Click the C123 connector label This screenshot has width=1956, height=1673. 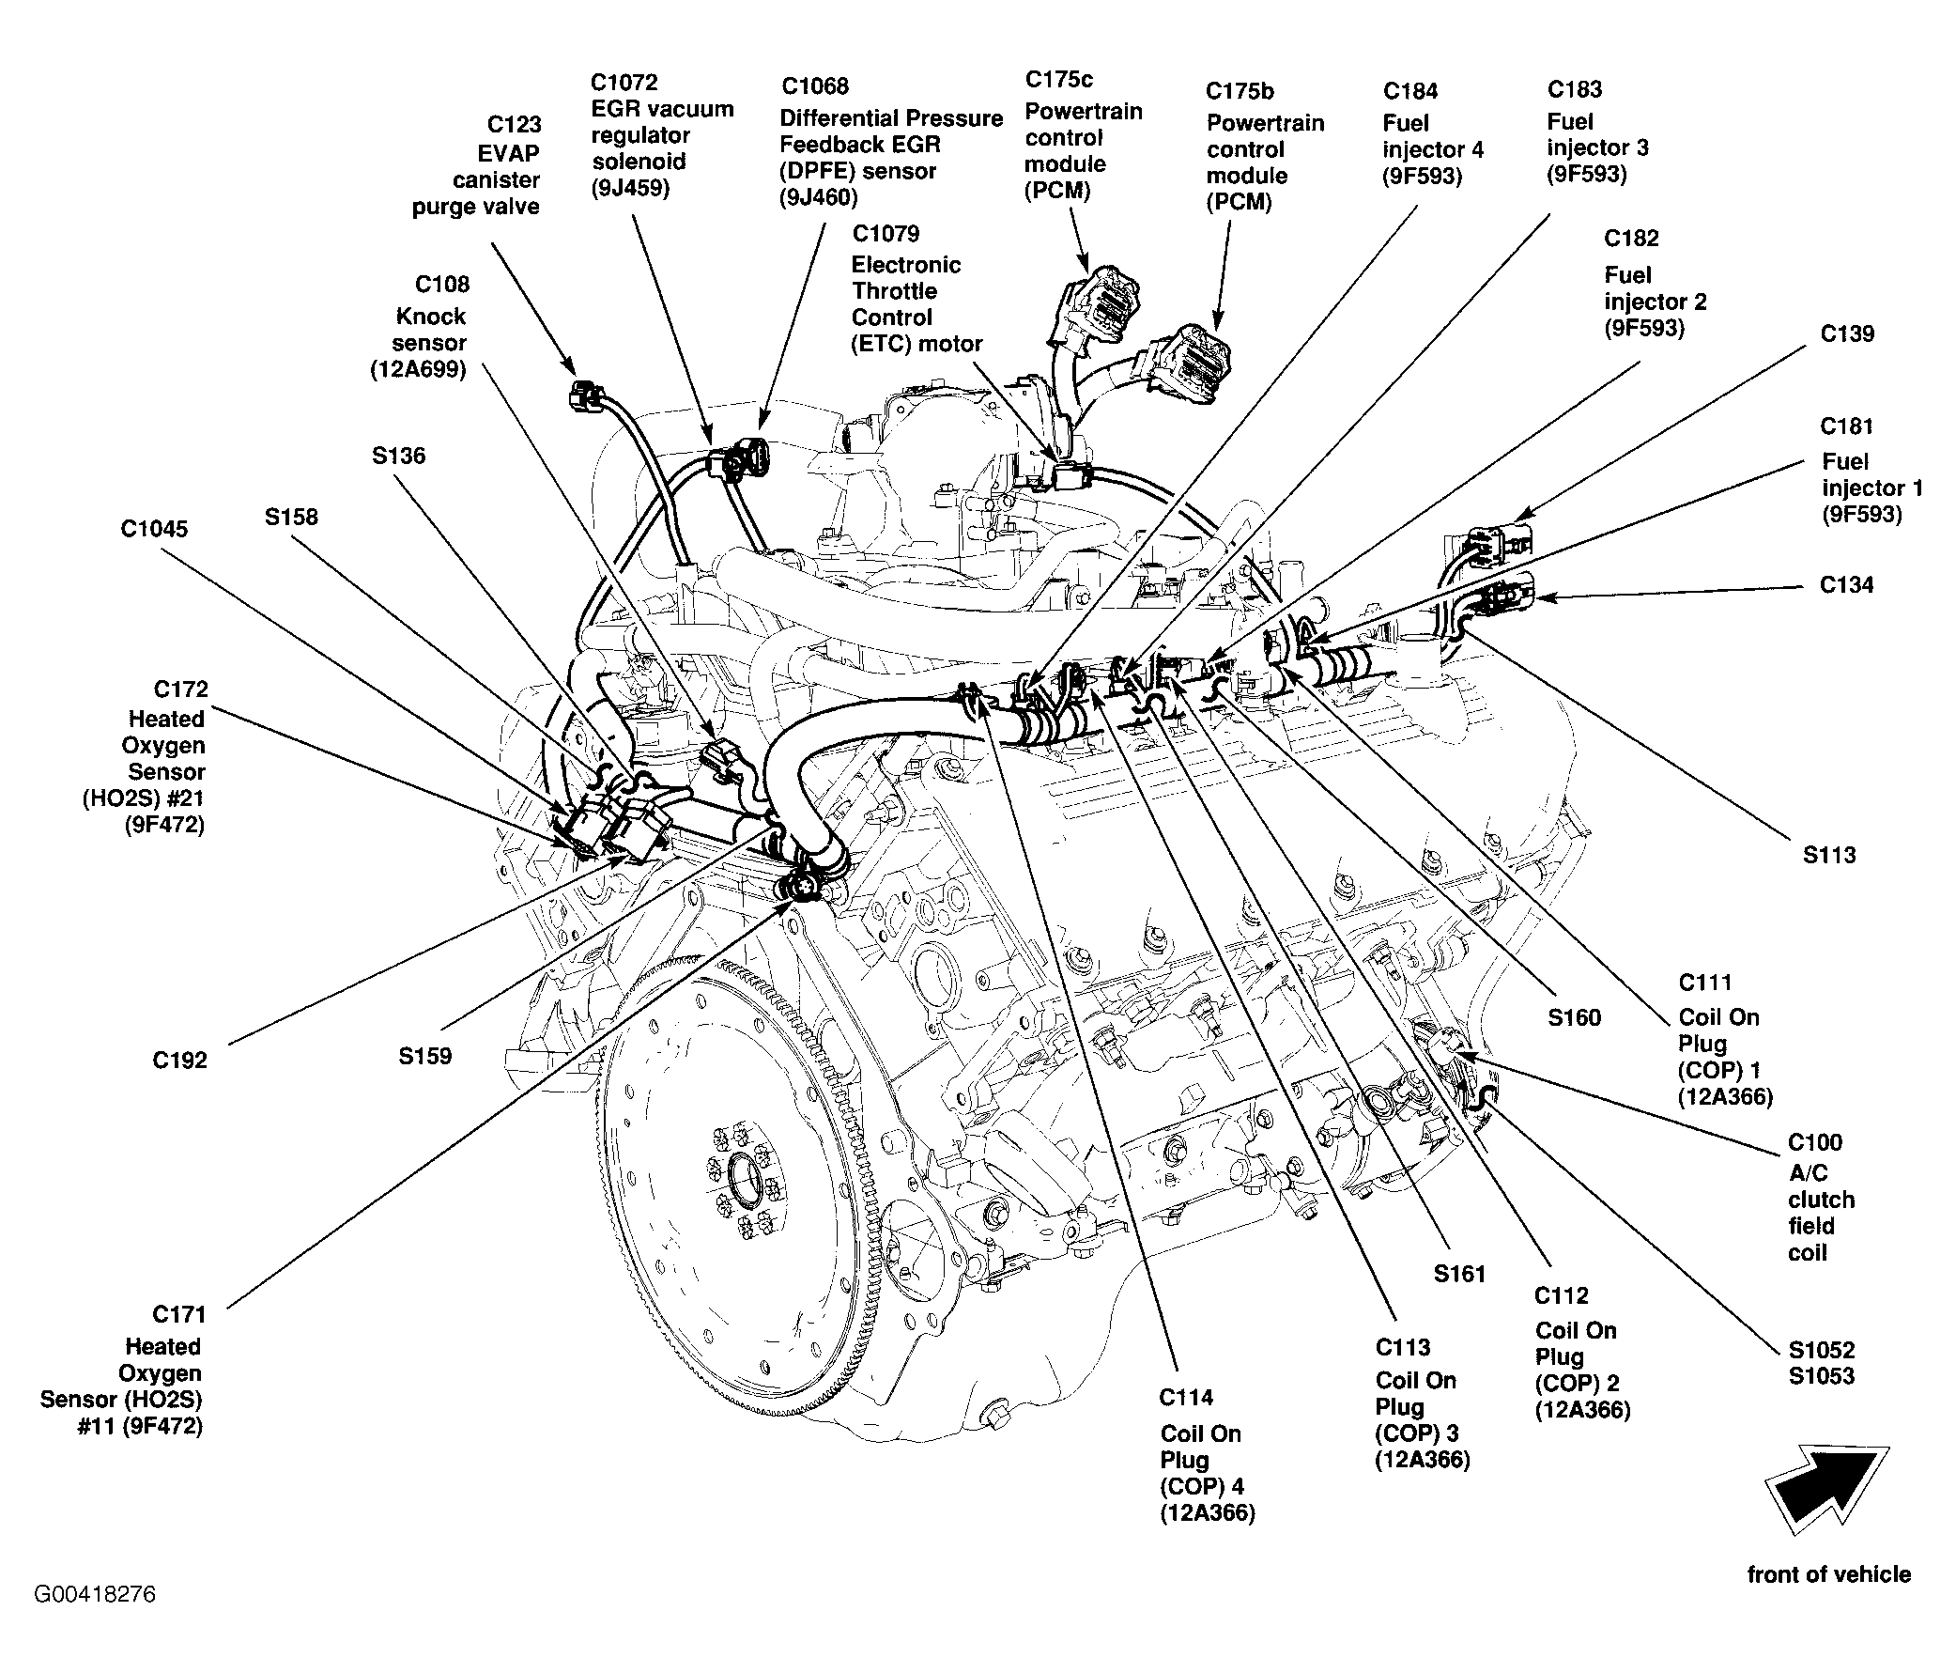point(514,124)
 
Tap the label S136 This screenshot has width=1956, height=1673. point(398,456)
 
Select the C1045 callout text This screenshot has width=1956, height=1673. point(154,529)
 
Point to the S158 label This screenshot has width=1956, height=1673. point(291,518)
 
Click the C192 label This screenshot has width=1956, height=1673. point(179,1061)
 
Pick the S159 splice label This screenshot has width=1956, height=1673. point(424,1056)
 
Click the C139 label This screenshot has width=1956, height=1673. point(1847,334)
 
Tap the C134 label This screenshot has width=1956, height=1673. point(1846,585)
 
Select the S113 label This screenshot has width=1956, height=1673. point(1829,856)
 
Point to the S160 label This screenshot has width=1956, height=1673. point(1575,1017)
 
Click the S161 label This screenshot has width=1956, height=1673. point(1460,1275)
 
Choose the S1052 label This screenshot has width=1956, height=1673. point(1822,1350)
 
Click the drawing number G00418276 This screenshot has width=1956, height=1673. point(96,1595)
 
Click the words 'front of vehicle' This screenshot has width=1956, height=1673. point(1828,1573)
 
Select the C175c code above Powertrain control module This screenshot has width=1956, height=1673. point(1059,79)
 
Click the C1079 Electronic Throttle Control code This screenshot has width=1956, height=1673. point(886,233)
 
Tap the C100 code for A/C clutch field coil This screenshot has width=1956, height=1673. point(1815,1142)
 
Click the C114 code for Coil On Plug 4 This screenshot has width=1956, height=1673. point(1187,1398)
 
